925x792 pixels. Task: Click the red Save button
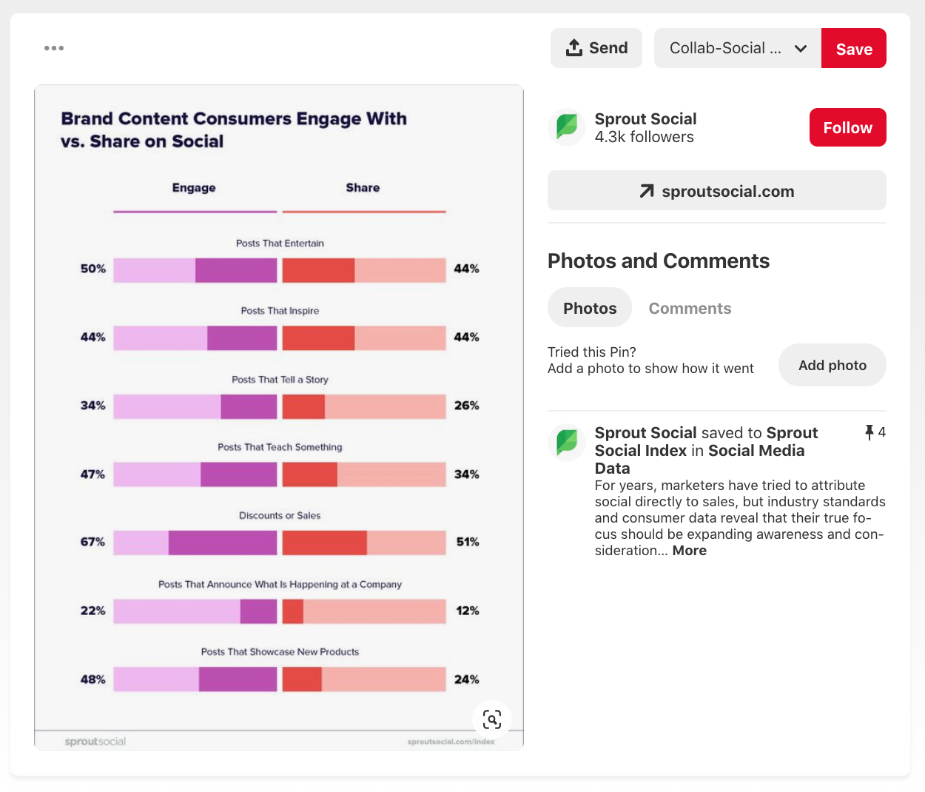click(853, 49)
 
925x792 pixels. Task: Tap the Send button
click(596, 48)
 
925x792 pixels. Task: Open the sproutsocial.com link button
click(716, 191)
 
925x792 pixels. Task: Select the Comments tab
click(690, 308)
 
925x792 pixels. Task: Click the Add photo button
click(832, 365)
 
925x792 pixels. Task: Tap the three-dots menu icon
click(54, 48)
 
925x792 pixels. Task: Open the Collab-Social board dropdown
click(737, 48)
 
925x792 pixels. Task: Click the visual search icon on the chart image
click(492, 719)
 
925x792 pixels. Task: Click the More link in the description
click(689, 551)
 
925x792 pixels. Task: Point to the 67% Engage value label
click(93, 542)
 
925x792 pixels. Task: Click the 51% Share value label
click(467, 542)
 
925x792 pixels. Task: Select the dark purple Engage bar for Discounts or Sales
click(223, 543)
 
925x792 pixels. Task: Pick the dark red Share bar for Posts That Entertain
click(318, 270)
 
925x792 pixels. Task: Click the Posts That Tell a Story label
click(280, 380)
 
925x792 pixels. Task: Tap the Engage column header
click(194, 188)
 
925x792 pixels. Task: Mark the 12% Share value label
click(467, 611)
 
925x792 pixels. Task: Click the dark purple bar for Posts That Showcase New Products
click(238, 679)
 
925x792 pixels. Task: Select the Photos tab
click(589, 308)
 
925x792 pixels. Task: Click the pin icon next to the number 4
click(869, 432)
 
